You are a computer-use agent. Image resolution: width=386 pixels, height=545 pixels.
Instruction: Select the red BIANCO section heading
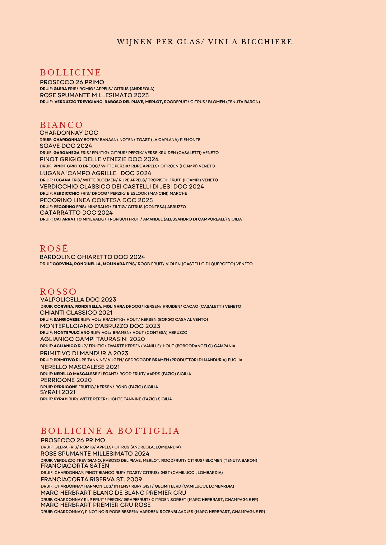coord(61,125)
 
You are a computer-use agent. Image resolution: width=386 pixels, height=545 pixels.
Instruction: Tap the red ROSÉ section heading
coord(54,248)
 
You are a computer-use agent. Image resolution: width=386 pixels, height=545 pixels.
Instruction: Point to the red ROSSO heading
coord(58,292)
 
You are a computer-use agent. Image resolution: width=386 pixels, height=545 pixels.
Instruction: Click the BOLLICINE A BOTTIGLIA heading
coord(110,431)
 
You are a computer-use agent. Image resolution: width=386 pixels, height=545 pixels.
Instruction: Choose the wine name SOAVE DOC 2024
coord(66,146)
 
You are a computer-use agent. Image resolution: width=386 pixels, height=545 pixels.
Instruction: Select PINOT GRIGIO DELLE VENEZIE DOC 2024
coord(99,159)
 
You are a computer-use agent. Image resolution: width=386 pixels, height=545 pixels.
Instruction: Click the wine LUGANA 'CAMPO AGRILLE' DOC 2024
coord(95,173)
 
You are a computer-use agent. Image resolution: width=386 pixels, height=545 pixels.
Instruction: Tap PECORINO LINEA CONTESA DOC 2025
coord(96,200)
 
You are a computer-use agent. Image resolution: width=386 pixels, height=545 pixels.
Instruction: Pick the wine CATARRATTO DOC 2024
coord(76,213)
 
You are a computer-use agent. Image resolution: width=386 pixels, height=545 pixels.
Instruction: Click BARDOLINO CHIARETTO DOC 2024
coord(92,257)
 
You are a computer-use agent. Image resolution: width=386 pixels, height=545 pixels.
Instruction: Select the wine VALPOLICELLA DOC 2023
coord(78,300)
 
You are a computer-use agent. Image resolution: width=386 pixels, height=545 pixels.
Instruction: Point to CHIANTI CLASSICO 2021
coord(76,313)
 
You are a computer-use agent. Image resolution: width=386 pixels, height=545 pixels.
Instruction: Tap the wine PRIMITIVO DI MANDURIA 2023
coord(84,353)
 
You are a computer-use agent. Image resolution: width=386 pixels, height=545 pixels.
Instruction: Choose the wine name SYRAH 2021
coord(58,392)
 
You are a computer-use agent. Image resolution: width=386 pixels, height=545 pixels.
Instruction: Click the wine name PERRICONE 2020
coord(66,380)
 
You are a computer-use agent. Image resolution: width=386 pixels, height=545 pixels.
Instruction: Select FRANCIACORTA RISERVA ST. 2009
coord(91,479)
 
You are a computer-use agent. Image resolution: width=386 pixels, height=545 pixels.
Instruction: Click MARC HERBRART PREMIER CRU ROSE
coord(95,505)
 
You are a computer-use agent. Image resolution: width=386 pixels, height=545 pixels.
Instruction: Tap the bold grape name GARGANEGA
coord(66,153)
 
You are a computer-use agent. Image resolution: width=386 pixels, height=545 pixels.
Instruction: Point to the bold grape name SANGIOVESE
coord(67,320)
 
